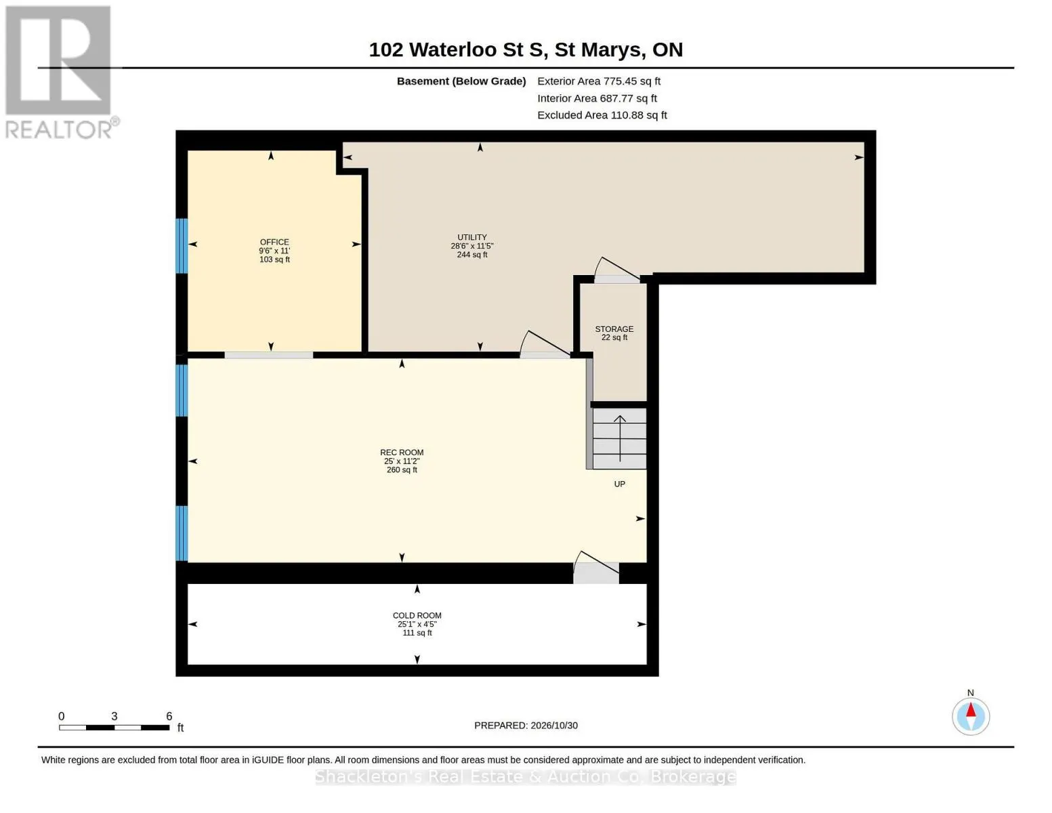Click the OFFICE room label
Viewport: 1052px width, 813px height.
274,242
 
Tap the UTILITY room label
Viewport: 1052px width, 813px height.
472,237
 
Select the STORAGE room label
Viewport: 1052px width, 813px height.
614,329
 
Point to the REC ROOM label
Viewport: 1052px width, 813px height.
401,453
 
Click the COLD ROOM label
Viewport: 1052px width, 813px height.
417,615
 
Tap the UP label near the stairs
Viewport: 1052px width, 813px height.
619,484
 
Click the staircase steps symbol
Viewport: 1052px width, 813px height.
619,439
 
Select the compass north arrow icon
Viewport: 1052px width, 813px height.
970,716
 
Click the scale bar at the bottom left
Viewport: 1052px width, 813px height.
114,727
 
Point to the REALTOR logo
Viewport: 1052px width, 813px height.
60,72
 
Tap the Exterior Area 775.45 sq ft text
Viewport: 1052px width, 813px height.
598,81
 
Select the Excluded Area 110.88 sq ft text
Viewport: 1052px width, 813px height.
602,115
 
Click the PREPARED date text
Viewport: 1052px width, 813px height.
526,726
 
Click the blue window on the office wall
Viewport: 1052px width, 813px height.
181,246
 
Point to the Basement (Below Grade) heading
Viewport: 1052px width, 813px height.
461,81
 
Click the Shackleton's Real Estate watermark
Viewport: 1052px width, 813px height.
526,776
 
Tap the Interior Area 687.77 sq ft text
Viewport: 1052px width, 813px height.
596,98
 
